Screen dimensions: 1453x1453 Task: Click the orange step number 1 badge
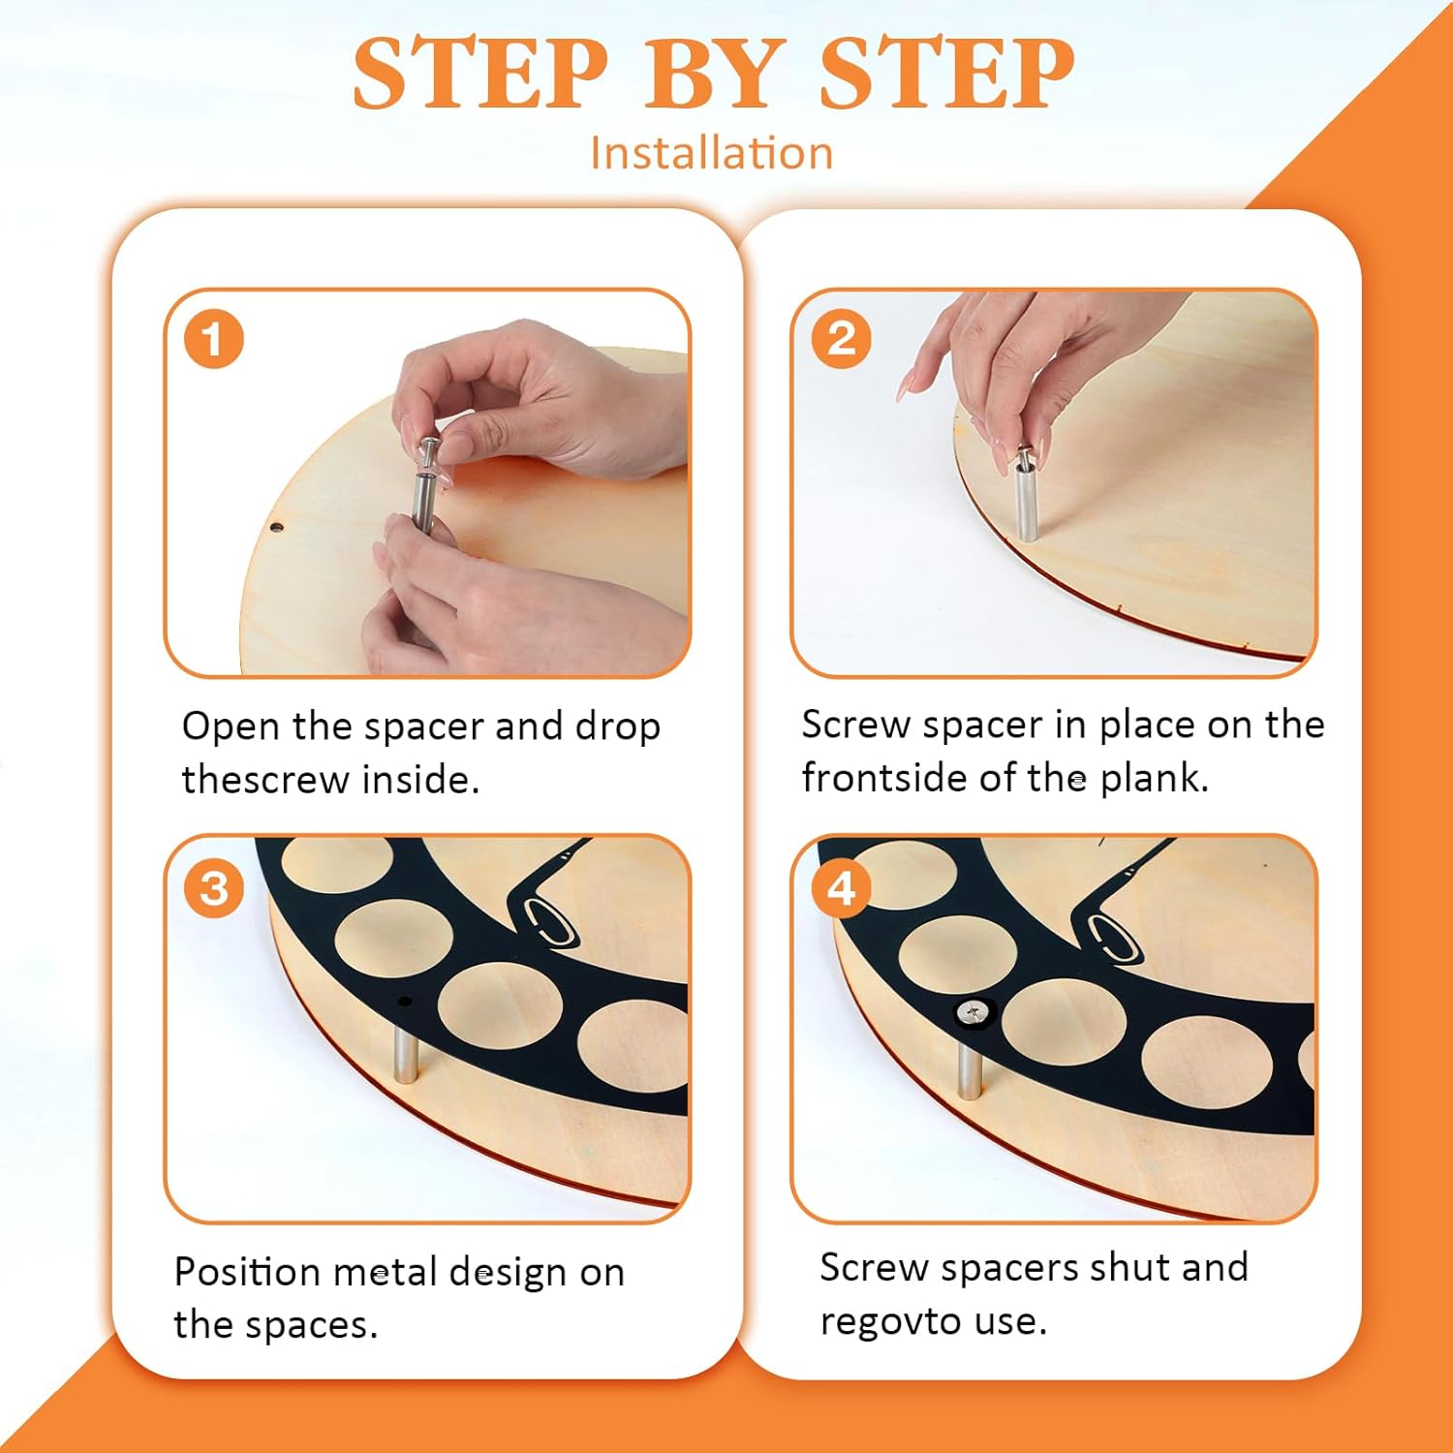tap(213, 339)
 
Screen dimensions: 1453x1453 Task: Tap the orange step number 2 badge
tap(841, 339)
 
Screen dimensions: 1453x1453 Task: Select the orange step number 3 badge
tap(213, 888)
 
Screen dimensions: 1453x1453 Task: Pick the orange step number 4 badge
tap(841, 888)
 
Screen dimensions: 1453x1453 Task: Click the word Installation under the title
tap(712, 153)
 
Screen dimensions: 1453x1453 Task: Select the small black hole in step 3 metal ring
tap(405, 1002)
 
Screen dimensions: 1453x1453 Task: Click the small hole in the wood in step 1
tap(276, 529)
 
